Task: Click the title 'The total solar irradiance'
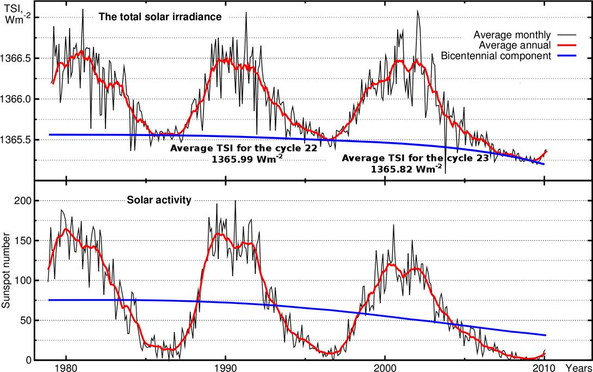(x=160, y=17)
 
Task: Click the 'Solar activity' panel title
(x=159, y=200)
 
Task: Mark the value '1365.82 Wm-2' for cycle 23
(x=406, y=169)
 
